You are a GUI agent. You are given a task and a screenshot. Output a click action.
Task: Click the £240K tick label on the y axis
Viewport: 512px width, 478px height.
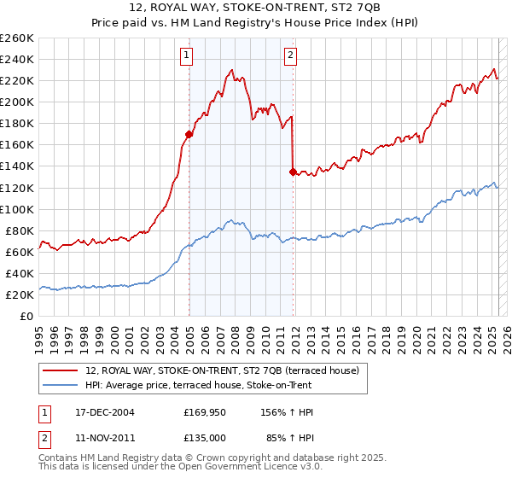tap(17, 59)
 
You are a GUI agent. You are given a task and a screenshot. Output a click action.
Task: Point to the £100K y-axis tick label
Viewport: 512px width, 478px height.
tap(17, 209)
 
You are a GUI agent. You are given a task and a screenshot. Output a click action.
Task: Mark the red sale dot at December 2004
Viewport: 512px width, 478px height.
tap(189, 134)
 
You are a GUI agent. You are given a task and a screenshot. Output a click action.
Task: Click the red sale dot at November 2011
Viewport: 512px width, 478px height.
tap(293, 172)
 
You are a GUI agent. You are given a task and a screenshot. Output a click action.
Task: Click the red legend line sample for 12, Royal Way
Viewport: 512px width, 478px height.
tap(60, 370)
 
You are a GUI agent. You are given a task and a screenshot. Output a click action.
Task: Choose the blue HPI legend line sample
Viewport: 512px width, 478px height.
tap(60, 385)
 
